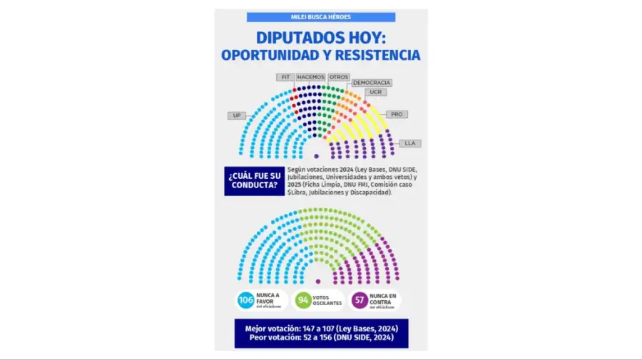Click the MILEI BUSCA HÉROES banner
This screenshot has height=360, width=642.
pyautogui.click(x=321, y=17)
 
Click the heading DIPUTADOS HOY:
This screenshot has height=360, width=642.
pyautogui.click(x=321, y=38)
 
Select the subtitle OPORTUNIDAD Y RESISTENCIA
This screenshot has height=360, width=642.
pyautogui.click(x=321, y=55)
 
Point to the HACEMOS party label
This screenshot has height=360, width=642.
pyautogui.click(x=310, y=77)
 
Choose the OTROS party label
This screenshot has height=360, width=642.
pyautogui.click(x=339, y=77)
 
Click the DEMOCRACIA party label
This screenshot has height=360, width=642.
pyautogui.click(x=372, y=83)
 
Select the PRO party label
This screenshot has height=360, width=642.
pyautogui.click(x=397, y=114)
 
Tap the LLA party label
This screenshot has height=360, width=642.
pyautogui.click(x=409, y=143)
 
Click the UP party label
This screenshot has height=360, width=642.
pyautogui.click(x=237, y=115)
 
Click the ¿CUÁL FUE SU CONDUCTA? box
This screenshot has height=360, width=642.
pyautogui.click(x=253, y=180)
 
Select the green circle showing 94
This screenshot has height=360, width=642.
pyautogui.click(x=303, y=299)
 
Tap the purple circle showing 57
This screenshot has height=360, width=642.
pyautogui.click(x=360, y=299)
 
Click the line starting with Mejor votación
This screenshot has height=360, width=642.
pyautogui.click(x=321, y=328)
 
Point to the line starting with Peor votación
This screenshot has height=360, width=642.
pyautogui.click(x=321, y=337)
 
